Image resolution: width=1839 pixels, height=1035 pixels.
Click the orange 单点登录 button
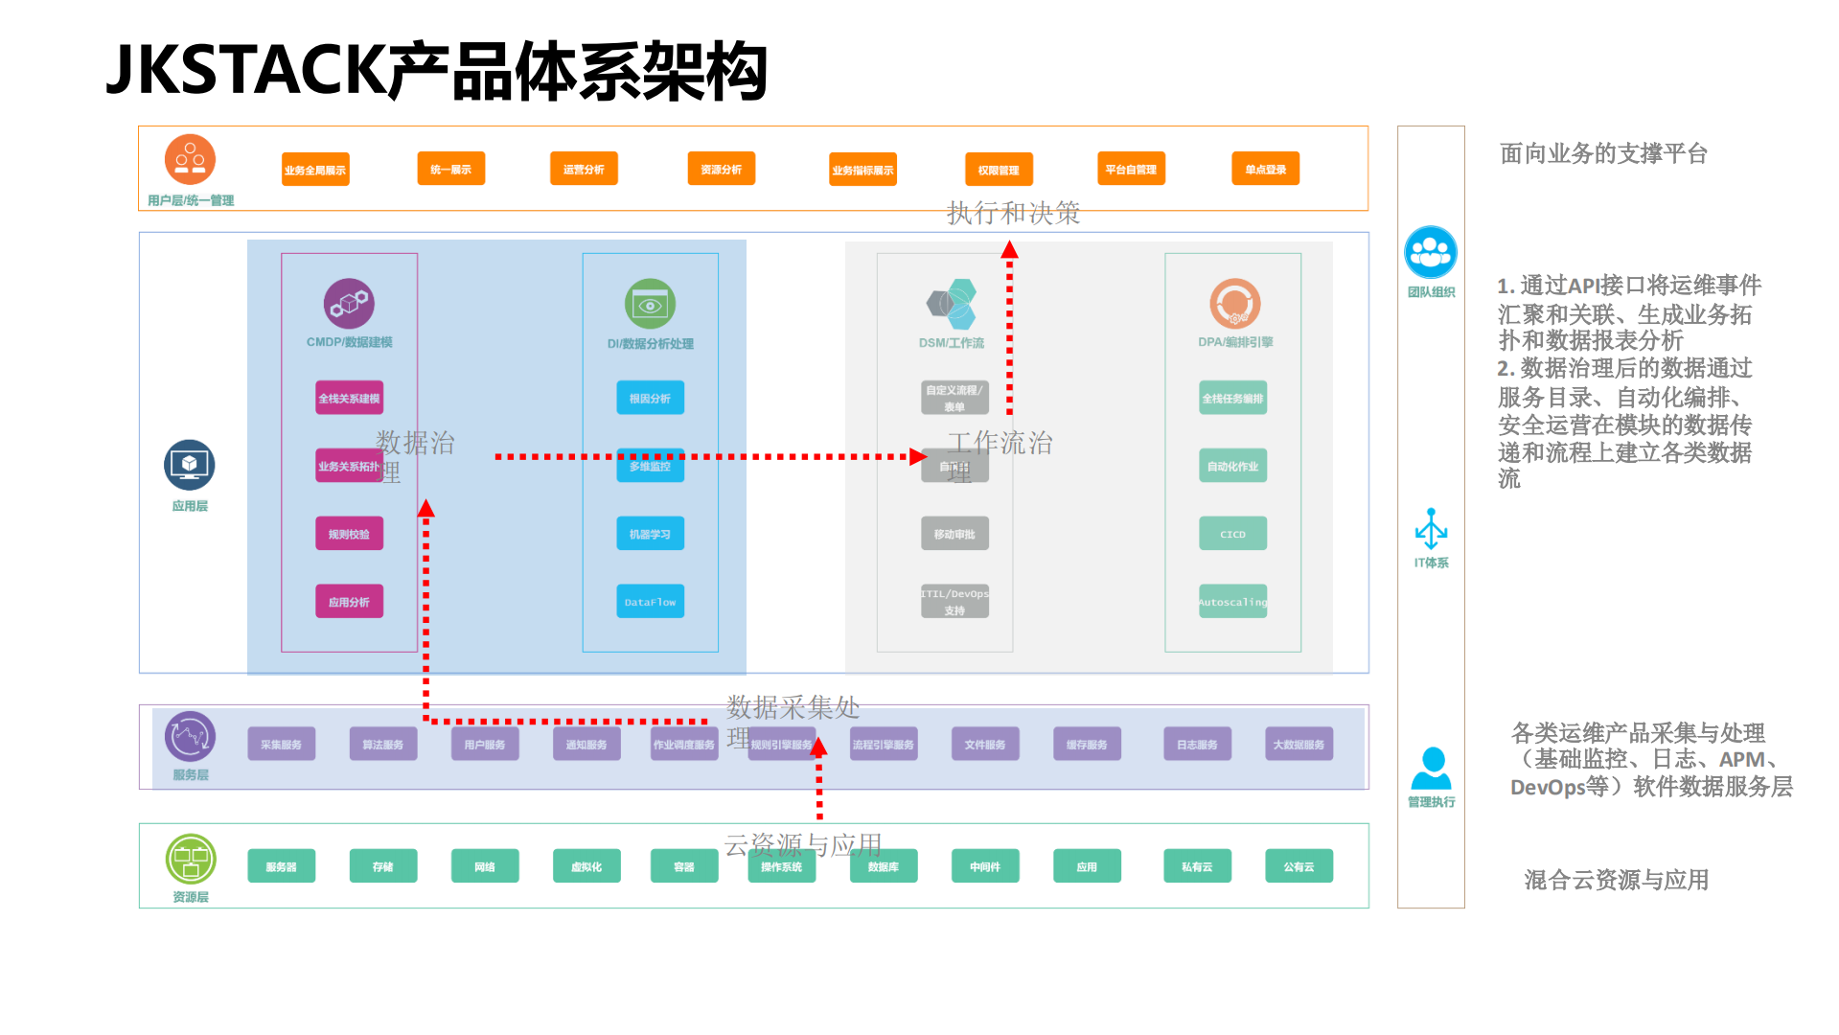coord(1265,169)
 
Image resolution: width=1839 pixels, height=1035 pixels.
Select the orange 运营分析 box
coord(584,169)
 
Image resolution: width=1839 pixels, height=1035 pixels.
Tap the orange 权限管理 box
coord(999,170)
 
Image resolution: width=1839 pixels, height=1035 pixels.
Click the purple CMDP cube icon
coord(349,304)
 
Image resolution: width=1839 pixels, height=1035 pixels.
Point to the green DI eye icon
coord(650,305)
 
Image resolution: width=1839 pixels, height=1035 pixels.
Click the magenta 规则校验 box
coord(349,534)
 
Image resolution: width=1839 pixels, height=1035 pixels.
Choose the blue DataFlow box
coord(650,602)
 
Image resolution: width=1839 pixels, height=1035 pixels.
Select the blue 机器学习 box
coord(650,534)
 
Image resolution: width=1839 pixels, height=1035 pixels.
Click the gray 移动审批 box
coord(954,534)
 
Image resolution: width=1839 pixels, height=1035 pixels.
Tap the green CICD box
coord(1232,534)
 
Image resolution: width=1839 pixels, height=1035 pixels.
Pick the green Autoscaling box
coord(1232,602)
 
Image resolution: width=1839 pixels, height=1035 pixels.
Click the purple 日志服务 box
coord(1197,744)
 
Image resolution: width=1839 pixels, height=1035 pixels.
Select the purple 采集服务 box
coord(281,744)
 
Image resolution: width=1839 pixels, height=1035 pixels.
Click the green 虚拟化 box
coord(586,866)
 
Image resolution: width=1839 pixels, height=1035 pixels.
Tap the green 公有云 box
coord(1299,866)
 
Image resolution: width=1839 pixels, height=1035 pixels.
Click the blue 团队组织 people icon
coord(1431,252)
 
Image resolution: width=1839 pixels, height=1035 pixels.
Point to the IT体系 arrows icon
coord(1431,528)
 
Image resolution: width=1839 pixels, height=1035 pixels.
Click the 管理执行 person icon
coord(1432,768)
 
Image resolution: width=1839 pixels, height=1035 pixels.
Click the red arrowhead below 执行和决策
coord(1009,250)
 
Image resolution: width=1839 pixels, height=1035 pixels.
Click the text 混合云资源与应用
coord(1617,880)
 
